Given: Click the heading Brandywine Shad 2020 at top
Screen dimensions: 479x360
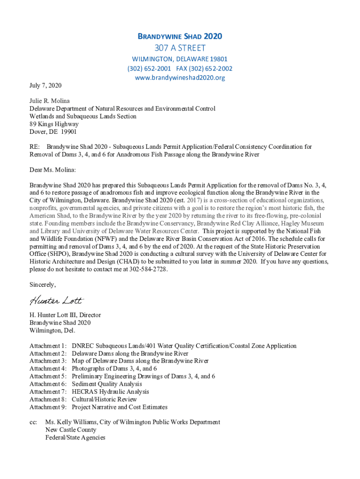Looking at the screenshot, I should pyautogui.click(x=180, y=36).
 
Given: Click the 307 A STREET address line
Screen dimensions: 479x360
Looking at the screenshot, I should pyautogui.click(x=180, y=48).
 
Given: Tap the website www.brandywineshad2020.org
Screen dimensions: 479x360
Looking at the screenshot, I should pyautogui.click(x=180, y=78).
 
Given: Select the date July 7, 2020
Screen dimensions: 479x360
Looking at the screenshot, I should pyautogui.click(x=45, y=86).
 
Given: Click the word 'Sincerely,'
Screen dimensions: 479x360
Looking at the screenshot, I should pyautogui.click(x=43, y=285).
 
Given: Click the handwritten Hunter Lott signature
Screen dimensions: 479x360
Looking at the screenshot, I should pyautogui.click(x=57, y=299).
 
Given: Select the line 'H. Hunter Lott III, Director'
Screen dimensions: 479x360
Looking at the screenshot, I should pyautogui.click(x=65, y=315).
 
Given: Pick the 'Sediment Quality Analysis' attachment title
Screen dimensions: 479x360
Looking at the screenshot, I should pyautogui.click(x=107, y=384).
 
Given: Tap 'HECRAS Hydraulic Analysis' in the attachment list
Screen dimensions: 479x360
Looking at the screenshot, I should pyautogui.click(x=110, y=392).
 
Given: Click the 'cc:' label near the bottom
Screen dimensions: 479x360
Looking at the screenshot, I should pyautogui.click(x=33, y=422).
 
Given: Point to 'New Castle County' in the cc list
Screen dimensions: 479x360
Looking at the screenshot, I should pyautogui.click(x=71, y=430).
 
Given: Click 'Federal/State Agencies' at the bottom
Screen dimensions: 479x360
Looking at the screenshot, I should pyautogui.click(x=75, y=437).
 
